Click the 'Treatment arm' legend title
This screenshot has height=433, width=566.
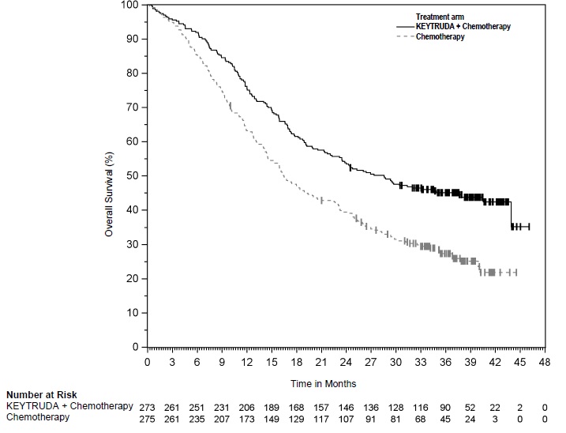tap(440, 16)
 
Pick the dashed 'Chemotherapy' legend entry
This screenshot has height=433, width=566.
tap(440, 37)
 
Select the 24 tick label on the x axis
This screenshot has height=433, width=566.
tap(346, 363)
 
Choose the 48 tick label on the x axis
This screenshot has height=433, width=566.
tap(545, 363)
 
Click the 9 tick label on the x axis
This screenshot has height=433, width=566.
tap(222, 363)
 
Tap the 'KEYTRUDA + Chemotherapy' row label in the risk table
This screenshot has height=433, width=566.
tap(69, 406)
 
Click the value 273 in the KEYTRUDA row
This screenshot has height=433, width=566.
tap(148, 406)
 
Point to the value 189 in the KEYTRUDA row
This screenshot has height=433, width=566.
tap(272, 406)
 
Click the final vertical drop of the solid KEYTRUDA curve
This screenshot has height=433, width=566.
tap(512, 215)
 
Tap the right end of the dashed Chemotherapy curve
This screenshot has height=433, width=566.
tap(516, 272)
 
